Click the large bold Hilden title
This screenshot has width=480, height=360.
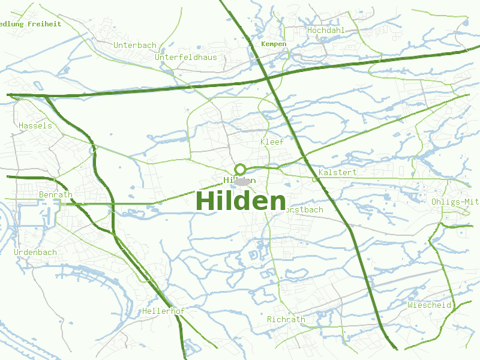pyautogui.click(x=241, y=202)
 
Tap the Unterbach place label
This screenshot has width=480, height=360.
pyautogui.click(x=134, y=45)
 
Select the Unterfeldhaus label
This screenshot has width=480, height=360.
pyautogui.click(x=186, y=57)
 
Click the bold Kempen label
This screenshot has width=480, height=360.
pyautogui.click(x=274, y=44)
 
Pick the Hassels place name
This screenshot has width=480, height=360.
pyautogui.click(x=35, y=125)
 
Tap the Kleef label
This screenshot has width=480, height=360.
pyautogui.click(x=272, y=142)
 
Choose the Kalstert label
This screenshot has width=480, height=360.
pyautogui.click(x=338, y=172)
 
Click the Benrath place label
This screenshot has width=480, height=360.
pyautogui.click(x=55, y=195)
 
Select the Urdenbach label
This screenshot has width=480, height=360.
pyautogui.click(x=35, y=252)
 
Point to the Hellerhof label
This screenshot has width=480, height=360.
pyautogui.click(x=163, y=311)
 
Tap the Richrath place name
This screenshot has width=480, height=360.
pyautogui.click(x=286, y=319)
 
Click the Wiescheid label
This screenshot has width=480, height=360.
pyautogui.click(x=429, y=305)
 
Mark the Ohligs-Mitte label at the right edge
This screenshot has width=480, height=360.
pyautogui.click(x=455, y=202)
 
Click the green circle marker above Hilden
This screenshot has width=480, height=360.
pyautogui.click(x=240, y=169)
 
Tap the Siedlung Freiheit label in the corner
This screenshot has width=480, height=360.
pyautogui.click(x=30, y=24)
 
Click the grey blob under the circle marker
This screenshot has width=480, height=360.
pyautogui.click(x=241, y=182)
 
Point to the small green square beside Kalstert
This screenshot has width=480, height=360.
pyautogui.click(x=314, y=178)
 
